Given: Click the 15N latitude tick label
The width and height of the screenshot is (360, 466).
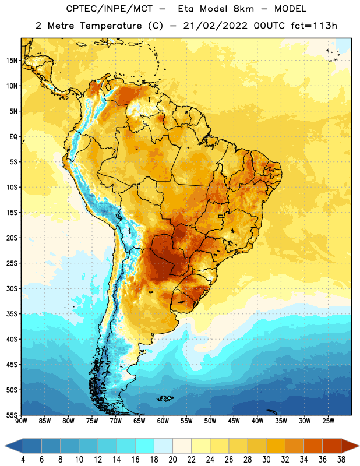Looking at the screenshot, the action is coord(12,61).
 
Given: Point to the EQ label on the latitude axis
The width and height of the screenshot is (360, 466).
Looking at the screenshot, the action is coord(13,137).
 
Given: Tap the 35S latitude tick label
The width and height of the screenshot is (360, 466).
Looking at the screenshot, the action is coord(12,314).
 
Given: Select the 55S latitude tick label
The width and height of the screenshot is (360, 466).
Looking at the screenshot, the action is coord(12,415).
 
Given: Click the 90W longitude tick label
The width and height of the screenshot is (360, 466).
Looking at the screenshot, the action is coord(21,421).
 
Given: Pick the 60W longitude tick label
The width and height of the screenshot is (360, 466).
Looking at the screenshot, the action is coord(163,421).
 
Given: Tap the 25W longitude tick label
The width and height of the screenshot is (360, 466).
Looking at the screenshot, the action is coord(328,421).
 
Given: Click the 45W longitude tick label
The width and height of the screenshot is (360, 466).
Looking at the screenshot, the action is coord(234,421).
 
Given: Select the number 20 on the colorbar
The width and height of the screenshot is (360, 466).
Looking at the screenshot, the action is coord(172,460).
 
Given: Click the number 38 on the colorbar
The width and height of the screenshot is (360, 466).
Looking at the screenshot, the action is coord(341,460).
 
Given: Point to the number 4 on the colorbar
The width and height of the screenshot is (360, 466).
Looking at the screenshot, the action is coord(23,460).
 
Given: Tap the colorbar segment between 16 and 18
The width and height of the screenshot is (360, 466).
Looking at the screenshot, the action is coord(145,446).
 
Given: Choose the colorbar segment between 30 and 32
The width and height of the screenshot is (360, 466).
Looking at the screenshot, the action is coord(276,446).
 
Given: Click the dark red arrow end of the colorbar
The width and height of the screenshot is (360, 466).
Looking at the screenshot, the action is coord(350,446).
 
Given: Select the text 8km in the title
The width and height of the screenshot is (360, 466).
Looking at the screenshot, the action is coord(243,9).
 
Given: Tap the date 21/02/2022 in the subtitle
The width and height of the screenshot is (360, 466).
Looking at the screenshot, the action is coord(216,26).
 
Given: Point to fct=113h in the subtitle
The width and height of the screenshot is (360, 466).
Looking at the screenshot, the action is coord(314,26).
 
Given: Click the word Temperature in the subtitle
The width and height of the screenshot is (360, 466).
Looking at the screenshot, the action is coord(111,26).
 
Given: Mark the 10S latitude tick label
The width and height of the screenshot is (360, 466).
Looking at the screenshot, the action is coord(12,188).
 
